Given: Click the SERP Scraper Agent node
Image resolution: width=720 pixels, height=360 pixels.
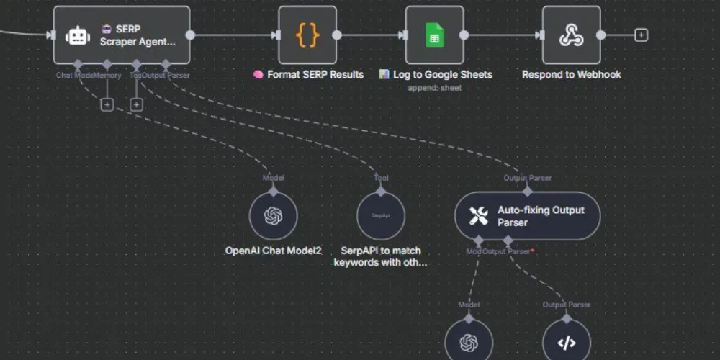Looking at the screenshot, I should (x=122, y=35).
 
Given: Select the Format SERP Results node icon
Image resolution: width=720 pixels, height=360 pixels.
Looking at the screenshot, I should (x=307, y=35).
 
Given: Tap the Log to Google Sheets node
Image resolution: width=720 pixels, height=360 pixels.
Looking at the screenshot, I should (x=434, y=35).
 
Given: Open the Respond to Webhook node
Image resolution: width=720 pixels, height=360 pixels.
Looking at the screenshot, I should (x=571, y=35).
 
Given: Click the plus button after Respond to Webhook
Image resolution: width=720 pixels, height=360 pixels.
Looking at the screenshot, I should (x=641, y=35).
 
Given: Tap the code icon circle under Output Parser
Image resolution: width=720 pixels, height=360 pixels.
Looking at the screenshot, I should (x=567, y=341).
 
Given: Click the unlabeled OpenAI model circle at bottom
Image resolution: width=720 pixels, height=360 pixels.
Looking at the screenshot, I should (x=469, y=341).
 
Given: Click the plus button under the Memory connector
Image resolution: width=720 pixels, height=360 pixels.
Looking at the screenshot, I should (x=107, y=104).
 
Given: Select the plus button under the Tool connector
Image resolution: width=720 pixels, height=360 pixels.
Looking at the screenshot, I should (x=136, y=104).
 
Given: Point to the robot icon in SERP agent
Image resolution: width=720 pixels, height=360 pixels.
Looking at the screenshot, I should (x=77, y=35).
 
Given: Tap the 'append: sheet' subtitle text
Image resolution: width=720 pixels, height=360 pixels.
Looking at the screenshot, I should (x=434, y=88).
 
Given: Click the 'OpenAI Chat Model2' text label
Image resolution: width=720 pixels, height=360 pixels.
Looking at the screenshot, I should (x=273, y=251).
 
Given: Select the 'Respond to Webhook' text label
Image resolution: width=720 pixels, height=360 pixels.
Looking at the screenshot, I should (x=571, y=74).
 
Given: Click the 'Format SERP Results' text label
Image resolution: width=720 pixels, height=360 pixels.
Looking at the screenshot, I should (x=315, y=74).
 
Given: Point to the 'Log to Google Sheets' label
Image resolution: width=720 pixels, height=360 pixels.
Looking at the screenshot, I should (x=442, y=74).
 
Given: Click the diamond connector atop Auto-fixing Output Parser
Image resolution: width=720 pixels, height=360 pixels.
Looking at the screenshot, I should (x=527, y=192).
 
